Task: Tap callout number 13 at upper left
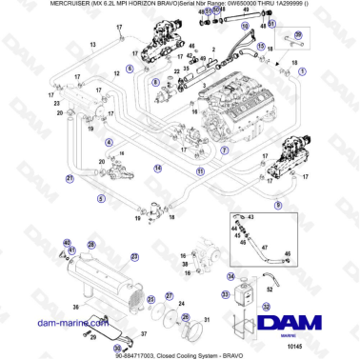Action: click(93, 46)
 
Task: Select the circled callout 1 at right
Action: click(303, 70)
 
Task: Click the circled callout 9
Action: click(278, 204)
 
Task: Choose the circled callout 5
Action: click(101, 198)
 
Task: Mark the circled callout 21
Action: click(70, 177)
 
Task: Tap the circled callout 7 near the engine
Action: click(223, 150)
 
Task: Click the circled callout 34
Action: click(231, 276)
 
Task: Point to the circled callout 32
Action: click(266, 307)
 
